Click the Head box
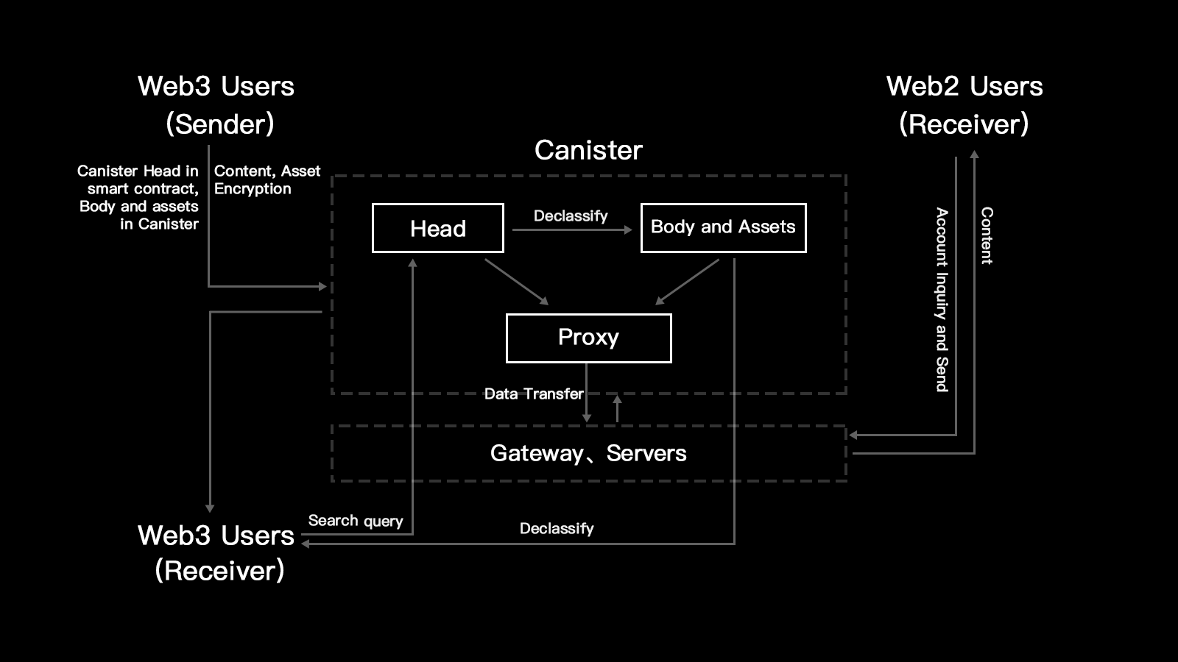point(438,228)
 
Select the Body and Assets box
point(723,227)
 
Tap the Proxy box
point(588,338)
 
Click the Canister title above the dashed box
point(588,150)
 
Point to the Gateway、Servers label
point(588,453)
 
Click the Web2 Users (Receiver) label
point(964,104)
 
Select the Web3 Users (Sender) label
point(216,104)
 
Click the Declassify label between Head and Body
point(571,216)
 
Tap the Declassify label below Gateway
point(557,528)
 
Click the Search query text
point(356,521)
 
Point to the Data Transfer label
point(534,394)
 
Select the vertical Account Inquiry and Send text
point(942,299)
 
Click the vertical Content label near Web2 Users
point(987,235)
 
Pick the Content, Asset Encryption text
point(267,179)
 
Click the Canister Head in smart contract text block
point(138,197)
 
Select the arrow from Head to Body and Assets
point(572,229)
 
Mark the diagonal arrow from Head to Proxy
point(516,281)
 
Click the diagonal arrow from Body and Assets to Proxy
point(687,281)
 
